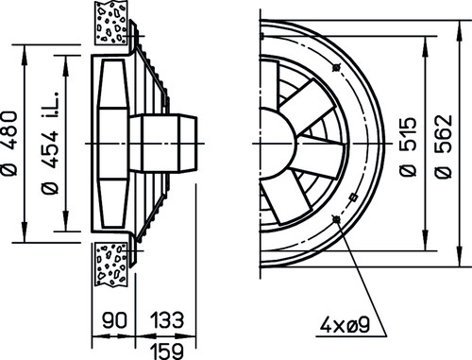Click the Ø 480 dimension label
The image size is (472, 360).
(9, 144)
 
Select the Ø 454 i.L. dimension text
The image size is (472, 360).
(50, 144)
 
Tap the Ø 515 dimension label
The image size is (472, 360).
(408, 146)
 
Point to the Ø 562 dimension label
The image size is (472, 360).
(444, 146)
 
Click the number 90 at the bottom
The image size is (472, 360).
(114, 320)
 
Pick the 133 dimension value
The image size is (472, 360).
(166, 320)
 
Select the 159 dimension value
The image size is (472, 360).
(166, 351)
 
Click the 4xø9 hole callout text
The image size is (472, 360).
(345, 325)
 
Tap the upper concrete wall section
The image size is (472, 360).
(111, 23)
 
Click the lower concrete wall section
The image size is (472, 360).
(111, 264)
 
